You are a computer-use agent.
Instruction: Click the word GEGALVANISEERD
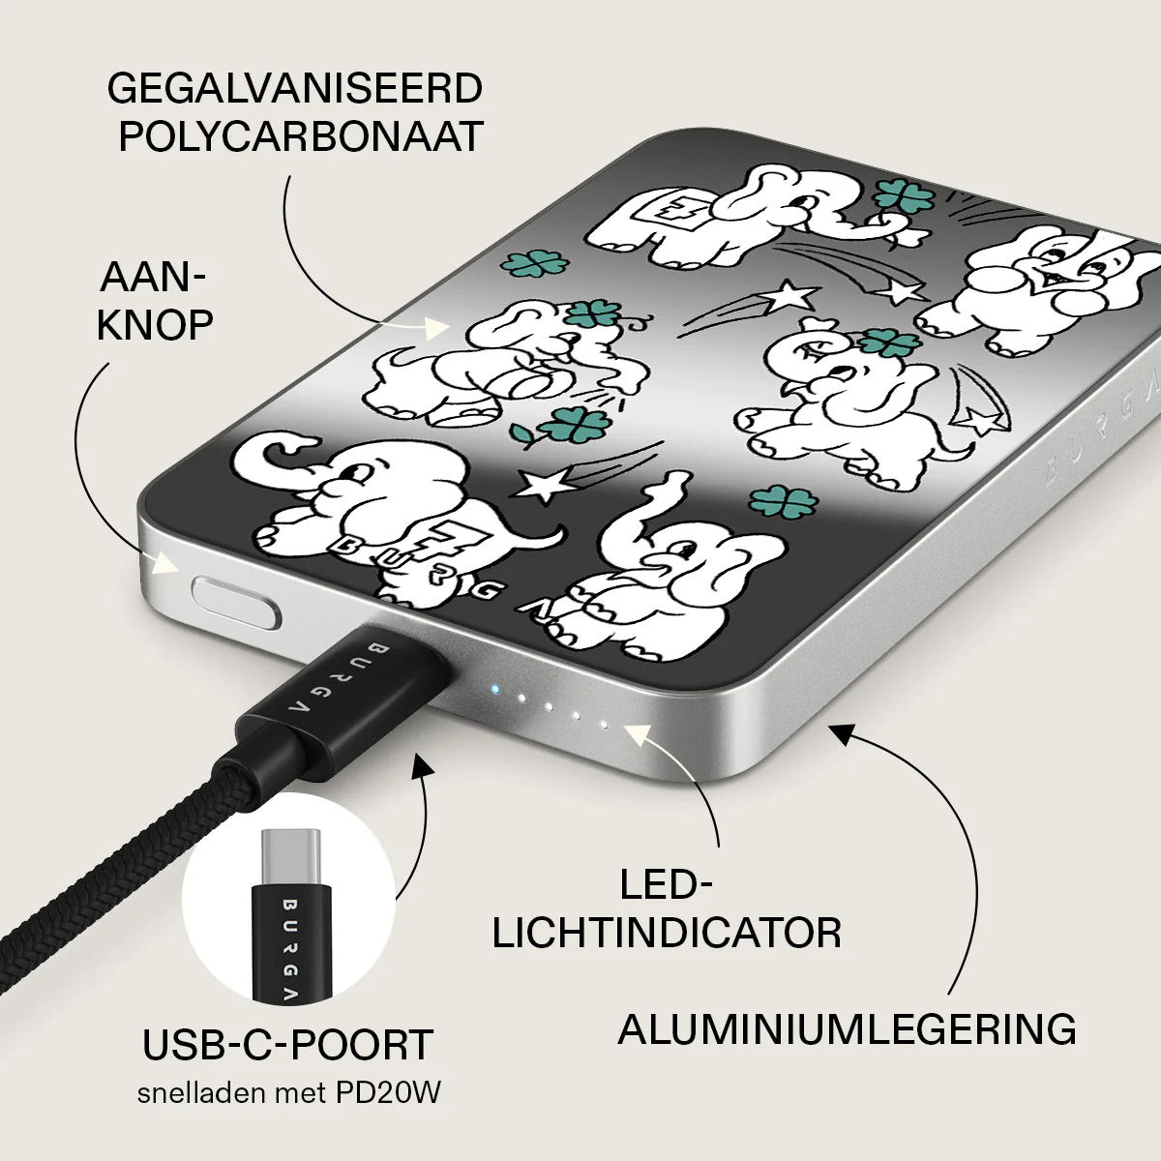pos(295,89)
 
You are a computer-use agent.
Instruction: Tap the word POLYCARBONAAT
pos(301,136)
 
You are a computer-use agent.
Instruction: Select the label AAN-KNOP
pos(154,301)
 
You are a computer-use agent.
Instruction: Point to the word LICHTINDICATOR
pos(667,934)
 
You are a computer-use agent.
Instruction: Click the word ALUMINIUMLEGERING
pos(848,1029)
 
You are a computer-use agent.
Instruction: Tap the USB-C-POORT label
pos(288,1045)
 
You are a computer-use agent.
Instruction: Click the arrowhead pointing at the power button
pos(165,564)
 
